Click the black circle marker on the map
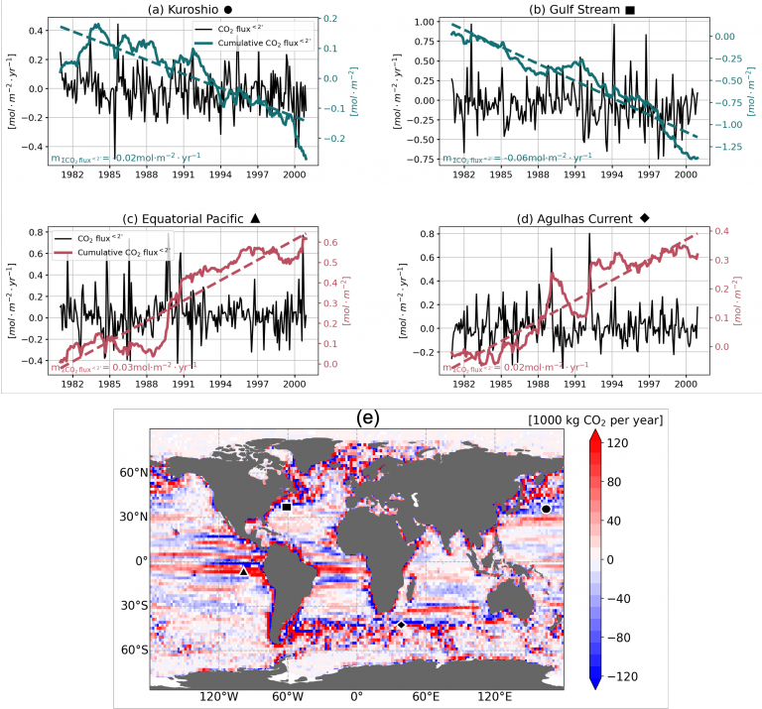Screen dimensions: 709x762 click(x=546, y=509)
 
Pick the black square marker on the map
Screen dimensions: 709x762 click(x=287, y=507)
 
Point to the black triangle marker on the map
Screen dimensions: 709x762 click(x=244, y=571)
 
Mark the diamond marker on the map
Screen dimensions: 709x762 click(x=399, y=625)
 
